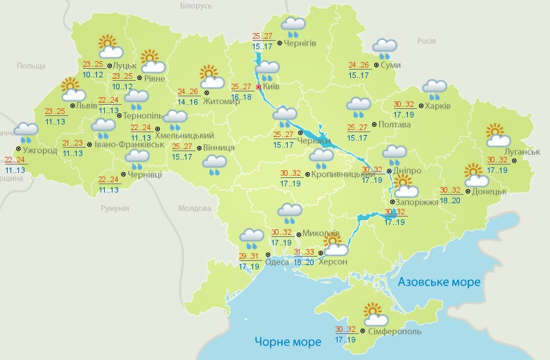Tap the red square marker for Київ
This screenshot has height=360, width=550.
coord(259,88)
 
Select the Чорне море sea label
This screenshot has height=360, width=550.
coord(288,342)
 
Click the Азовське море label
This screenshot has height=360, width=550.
coord(439,282)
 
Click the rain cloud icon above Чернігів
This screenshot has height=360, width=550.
coord(293,27)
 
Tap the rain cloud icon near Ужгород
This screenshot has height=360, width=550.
coord(27,133)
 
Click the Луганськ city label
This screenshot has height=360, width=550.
coord(522,152)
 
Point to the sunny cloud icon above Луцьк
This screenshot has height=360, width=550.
coord(110,46)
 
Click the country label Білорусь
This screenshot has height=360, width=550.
coord(196,6)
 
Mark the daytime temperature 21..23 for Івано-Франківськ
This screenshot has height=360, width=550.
coord(72,143)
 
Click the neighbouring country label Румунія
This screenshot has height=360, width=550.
coord(114,208)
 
